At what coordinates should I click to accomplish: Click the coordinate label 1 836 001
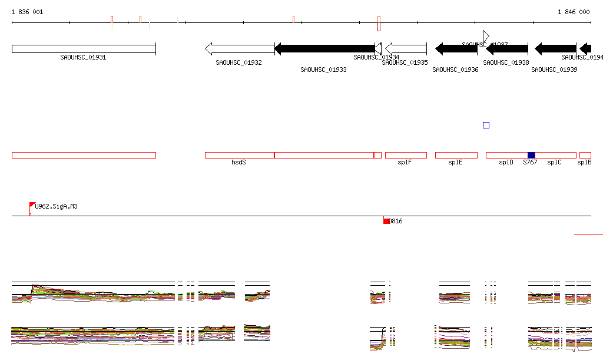click(x=27, y=12)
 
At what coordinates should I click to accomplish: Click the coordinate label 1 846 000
click(x=574, y=12)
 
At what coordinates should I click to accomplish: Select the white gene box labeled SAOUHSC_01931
click(x=84, y=49)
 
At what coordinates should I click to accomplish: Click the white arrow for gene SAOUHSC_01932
click(x=239, y=49)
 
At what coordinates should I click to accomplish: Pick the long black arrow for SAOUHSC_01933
click(x=324, y=49)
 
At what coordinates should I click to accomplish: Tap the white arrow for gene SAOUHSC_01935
click(x=406, y=49)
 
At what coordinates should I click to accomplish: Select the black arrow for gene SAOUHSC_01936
click(x=456, y=49)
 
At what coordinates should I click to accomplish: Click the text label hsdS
click(x=238, y=161)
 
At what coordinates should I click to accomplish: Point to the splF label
click(x=405, y=162)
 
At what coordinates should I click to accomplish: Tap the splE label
click(x=455, y=162)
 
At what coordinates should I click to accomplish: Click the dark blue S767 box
click(x=531, y=155)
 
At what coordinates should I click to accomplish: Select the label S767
click(x=530, y=162)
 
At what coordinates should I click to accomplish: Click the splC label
click(x=554, y=162)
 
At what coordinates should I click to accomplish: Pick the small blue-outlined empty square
click(x=486, y=125)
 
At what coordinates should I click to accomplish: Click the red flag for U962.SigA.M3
click(x=32, y=205)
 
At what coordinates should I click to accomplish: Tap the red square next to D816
click(x=386, y=221)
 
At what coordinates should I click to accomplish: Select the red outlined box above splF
click(x=406, y=155)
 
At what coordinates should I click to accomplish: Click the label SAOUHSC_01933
click(x=323, y=70)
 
